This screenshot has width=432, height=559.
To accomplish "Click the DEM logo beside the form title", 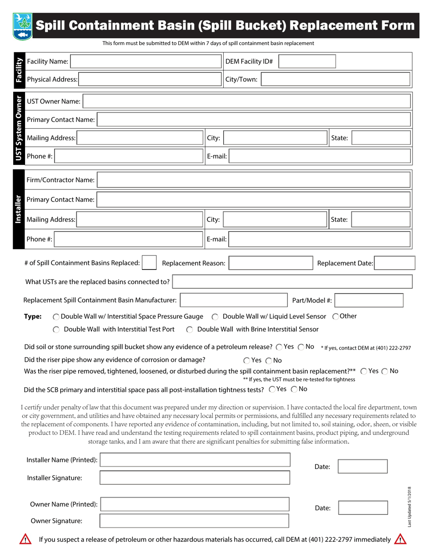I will pyautogui.click(x=21, y=26).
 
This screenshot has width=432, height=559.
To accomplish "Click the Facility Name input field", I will pyautogui.click(x=145, y=61).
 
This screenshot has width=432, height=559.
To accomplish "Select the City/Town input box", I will pyautogui.click(x=336, y=80).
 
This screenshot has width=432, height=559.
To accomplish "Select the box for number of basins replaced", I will pyautogui.click(x=150, y=263).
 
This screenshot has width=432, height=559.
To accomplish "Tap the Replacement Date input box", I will pyautogui.click(x=394, y=263).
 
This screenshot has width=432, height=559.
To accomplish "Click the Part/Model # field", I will pyautogui.click(x=369, y=300).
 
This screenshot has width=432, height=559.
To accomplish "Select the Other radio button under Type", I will pyautogui.click(x=336, y=317).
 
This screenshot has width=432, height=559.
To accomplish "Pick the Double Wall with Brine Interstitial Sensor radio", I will pyautogui.click(x=190, y=329).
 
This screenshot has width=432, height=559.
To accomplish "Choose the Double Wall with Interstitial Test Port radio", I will pyautogui.click(x=56, y=329).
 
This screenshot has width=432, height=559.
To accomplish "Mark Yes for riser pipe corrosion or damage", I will pyautogui.click(x=246, y=361).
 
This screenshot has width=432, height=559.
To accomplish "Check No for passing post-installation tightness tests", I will pyautogui.click(x=294, y=389).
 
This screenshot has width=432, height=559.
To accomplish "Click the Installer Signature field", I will pyautogui.click(x=195, y=478).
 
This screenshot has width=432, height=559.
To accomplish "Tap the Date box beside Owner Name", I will pyautogui.click(x=363, y=508).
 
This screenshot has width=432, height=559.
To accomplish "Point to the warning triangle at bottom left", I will pyautogui.click(x=25, y=539).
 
